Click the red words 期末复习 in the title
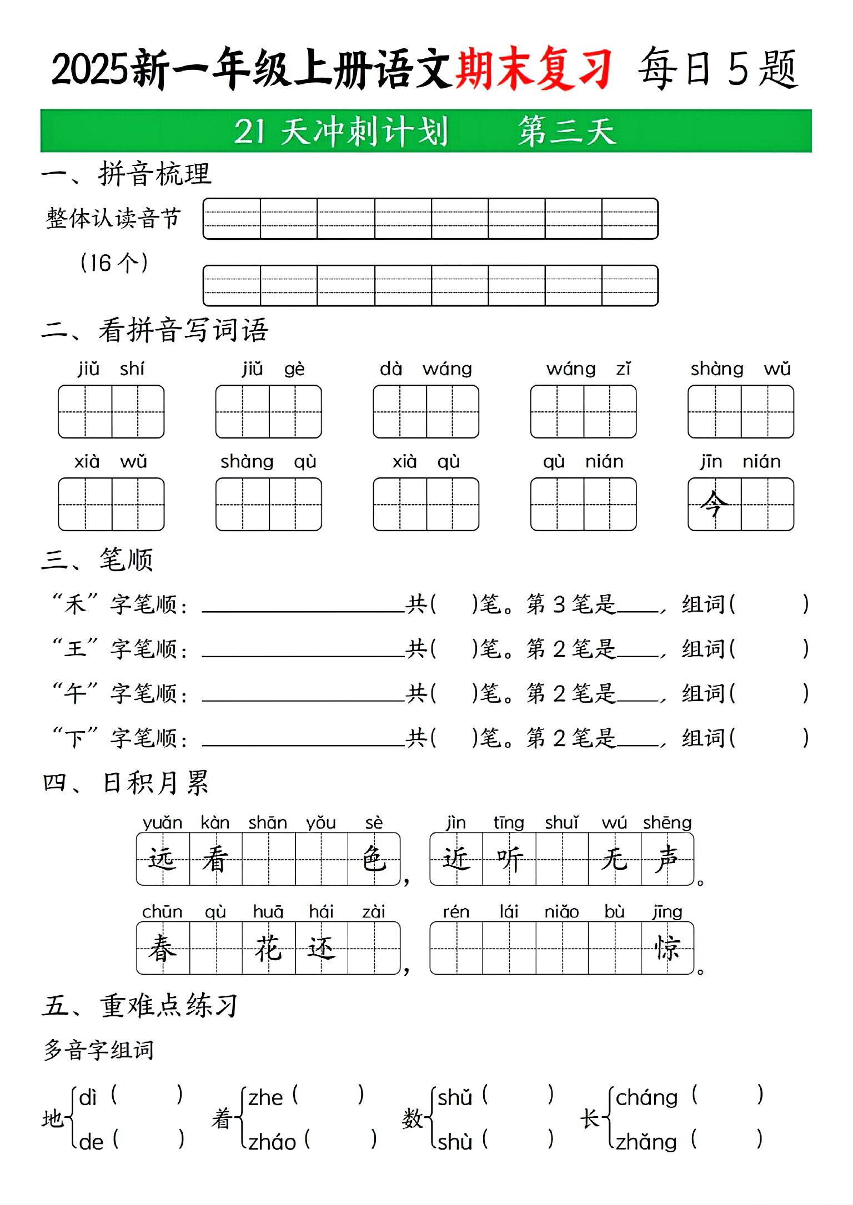[x=533, y=69]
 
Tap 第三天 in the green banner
[x=566, y=132]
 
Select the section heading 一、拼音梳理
[x=127, y=174]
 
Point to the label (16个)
[x=114, y=263]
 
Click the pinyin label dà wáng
[x=425, y=369]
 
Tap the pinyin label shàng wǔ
[x=740, y=369]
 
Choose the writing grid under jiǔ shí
[x=111, y=411]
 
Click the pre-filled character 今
[x=714, y=504]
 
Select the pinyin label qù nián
[x=583, y=461]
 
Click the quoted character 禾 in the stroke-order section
[x=75, y=603]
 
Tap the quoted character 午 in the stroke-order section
[x=75, y=693]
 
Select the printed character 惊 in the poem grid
[x=667, y=948]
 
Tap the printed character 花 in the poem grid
[x=268, y=948]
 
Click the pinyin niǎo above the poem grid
[x=561, y=911]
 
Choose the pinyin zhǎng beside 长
[x=646, y=1142]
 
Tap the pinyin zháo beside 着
[x=272, y=1142]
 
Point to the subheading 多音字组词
[x=99, y=1050]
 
